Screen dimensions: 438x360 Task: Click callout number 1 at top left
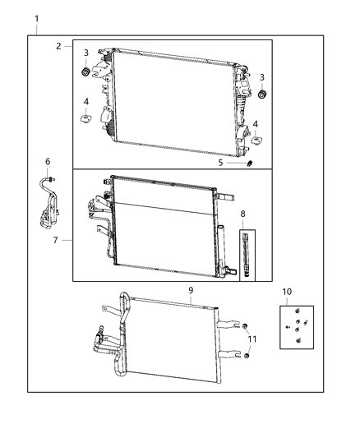click(35, 17)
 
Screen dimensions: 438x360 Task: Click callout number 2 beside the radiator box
click(59, 46)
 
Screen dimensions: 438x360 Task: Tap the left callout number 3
click(85, 53)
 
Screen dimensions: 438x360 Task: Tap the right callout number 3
click(262, 76)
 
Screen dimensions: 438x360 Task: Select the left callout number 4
click(85, 101)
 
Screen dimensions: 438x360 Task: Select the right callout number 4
click(256, 124)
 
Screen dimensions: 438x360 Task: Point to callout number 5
click(220, 162)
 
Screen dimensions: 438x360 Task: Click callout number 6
click(48, 162)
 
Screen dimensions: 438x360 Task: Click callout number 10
click(286, 292)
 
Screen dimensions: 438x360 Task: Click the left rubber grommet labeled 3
click(85, 72)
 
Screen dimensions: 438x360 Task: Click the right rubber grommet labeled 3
click(262, 96)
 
